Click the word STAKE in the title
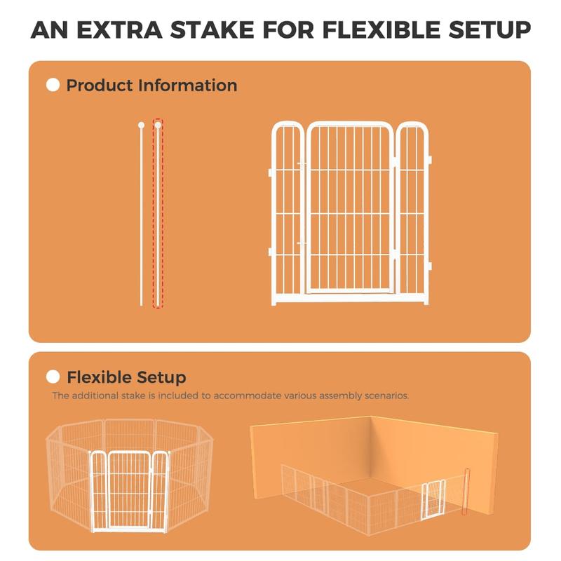tap(213, 29)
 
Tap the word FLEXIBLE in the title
tap(381, 29)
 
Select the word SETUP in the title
tap(489, 29)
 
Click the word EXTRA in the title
tap(119, 29)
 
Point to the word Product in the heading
tap(100, 86)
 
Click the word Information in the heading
tap(188, 86)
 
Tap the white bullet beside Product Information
tap(53, 85)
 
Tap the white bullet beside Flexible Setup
tap(53, 377)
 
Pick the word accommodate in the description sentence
tap(248, 396)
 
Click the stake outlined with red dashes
tap(158, 214)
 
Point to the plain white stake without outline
tap(142, 214)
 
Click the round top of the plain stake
tap(142, 126)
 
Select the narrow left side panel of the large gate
tap(288, 213)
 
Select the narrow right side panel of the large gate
tap(413, 213)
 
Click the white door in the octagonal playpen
tap(129, 491)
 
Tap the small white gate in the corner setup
tap(433, 500)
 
